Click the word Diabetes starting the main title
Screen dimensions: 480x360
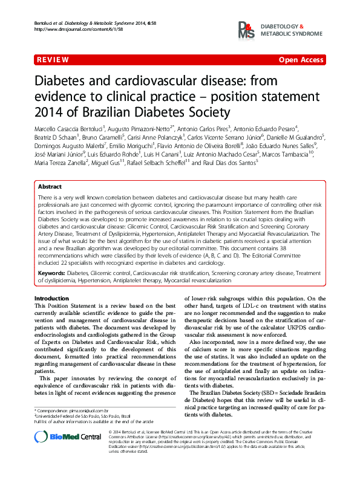(x=60, y=81)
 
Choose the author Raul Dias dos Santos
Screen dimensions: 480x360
(x=224, y=162)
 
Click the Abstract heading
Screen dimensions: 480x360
(x=50, y=187)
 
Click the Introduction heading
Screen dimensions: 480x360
(x=51, y=299)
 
